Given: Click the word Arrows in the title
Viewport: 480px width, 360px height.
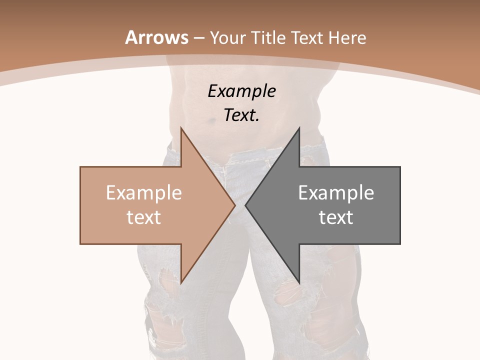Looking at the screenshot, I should (x=156, y=37).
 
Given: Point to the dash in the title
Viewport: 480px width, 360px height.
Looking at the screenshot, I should (x=199, y=38).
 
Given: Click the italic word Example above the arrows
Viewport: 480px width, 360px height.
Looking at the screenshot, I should (x=241, y=91).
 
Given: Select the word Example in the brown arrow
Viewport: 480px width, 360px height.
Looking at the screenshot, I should (x=144, y=192).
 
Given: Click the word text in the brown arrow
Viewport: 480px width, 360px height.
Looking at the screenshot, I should (x=144, y=217).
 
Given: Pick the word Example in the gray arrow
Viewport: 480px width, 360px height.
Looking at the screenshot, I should (x=336, y=192).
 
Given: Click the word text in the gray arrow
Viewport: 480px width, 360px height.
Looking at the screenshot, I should (x=336, y=217).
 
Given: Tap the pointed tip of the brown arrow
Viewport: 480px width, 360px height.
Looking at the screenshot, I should (x=235, y=205).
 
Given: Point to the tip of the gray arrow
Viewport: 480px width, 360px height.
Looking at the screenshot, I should (x=245, y=205).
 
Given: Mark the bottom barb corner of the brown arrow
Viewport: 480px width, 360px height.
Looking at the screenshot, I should (x=181, y=283).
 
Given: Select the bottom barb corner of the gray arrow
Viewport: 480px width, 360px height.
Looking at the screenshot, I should (x=299, y=283).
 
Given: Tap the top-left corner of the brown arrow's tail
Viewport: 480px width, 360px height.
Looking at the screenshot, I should (x=80, y=167).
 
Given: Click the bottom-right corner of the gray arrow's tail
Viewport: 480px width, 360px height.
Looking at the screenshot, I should (x=400, y=244).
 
